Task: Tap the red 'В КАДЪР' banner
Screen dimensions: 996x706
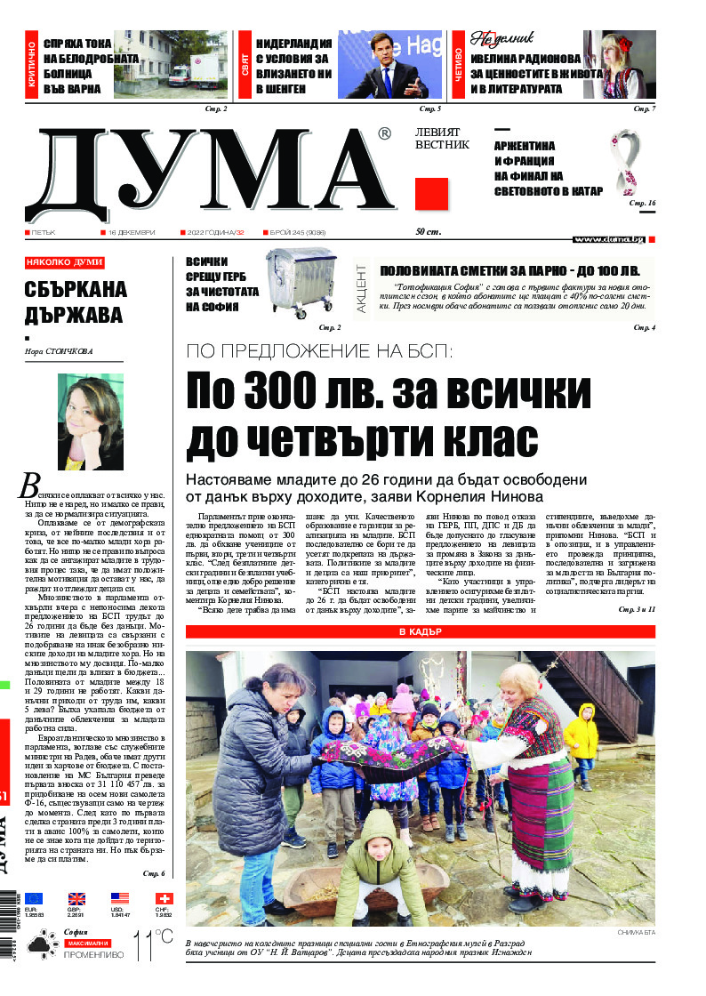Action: click(420, 632)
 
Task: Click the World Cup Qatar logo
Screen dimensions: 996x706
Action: click(624, 165)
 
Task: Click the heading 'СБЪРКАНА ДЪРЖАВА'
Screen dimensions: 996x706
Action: click(76, 302)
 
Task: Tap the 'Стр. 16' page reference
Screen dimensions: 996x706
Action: click(642, 204)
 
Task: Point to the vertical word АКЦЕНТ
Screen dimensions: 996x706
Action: click(362, 287)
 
